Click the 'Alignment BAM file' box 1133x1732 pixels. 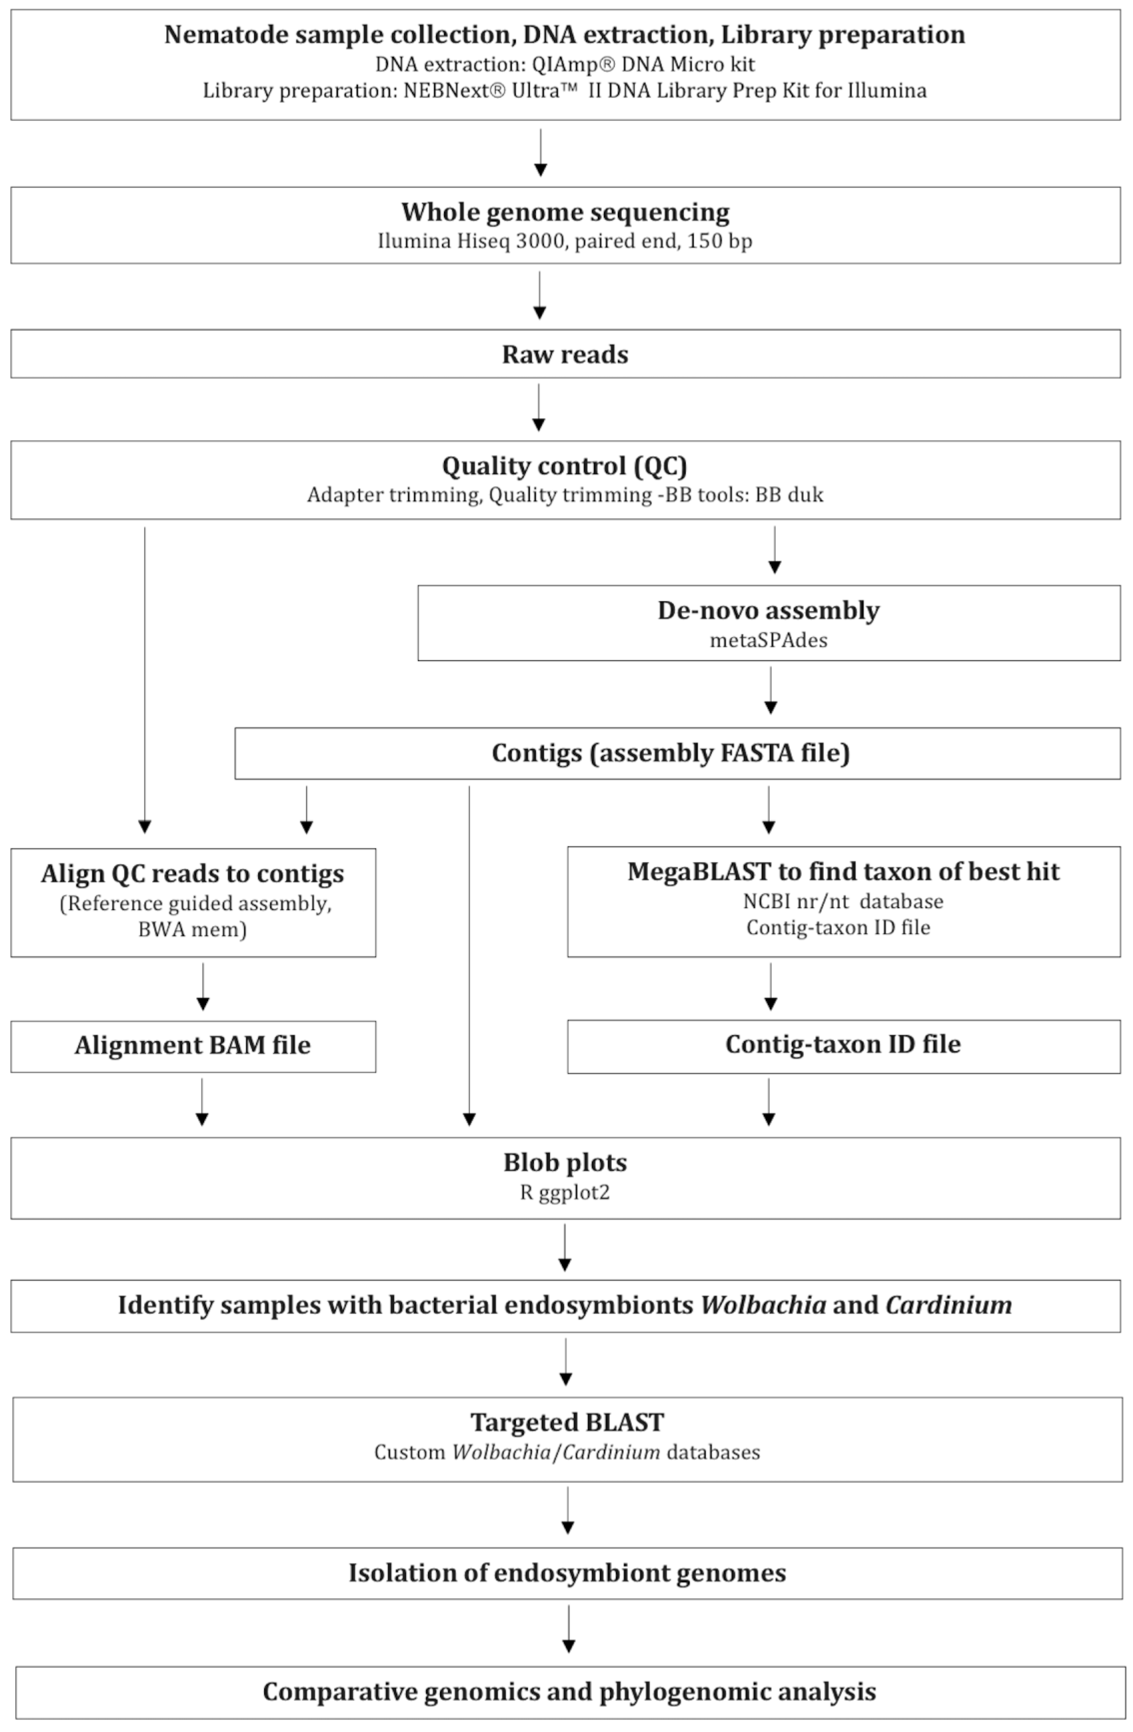pos(193,1046)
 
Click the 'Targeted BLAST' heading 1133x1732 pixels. pos(567,1422)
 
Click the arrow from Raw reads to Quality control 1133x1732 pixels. pos(538,407)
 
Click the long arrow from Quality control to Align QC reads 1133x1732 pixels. pos(145,677)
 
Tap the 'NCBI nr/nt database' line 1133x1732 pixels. pos(843,902)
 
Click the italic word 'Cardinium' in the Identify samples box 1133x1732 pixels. pos(948,1305)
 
